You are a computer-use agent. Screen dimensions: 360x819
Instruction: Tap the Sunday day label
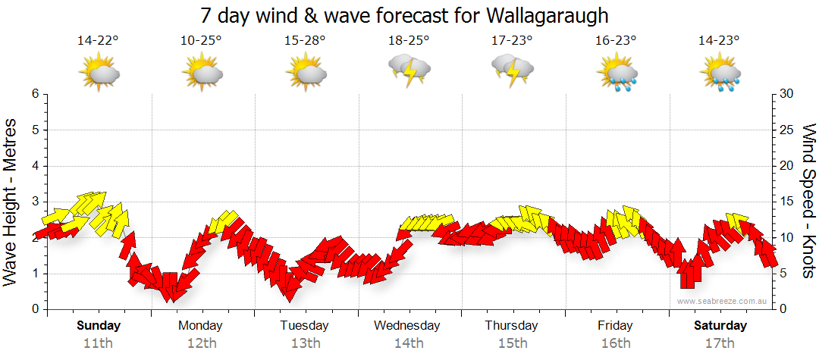coord(99,326)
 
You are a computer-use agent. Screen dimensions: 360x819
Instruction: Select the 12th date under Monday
coord(200,343)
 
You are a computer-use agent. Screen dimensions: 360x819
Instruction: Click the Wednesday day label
coord(406,326)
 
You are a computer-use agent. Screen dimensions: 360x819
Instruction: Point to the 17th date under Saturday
coord(720,343)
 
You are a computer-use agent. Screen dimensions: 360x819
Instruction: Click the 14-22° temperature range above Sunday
coord(98,41)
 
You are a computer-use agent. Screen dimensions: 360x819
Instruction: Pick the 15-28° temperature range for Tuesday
coord(305,41)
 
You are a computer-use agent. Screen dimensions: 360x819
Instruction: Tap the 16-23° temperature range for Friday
coord(617,41)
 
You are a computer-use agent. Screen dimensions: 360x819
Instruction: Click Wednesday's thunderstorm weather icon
coord(409,70)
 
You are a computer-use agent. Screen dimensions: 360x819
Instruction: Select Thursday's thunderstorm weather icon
coord(513,70)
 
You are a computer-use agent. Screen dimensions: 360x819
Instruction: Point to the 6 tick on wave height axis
coord(35,94)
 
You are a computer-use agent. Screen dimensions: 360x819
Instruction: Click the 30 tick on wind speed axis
coord(787,94)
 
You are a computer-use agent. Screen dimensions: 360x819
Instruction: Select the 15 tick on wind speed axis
coord(787,202)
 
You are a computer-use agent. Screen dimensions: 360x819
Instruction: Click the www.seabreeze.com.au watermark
coord(723,302)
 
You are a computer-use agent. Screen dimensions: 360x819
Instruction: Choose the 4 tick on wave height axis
coord(35,166)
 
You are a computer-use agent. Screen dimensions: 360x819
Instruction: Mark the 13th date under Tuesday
coord(305,343)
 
